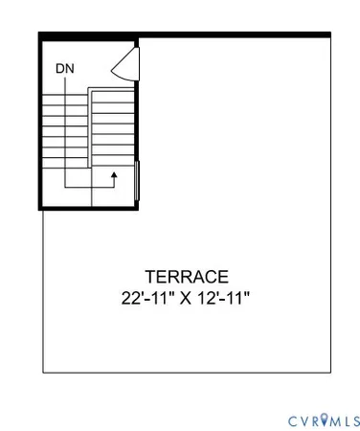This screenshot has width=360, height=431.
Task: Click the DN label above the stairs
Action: coord(65,69)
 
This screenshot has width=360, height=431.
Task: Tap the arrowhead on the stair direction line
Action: coord(114,175)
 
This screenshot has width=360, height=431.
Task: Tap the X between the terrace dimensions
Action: coord(186,298)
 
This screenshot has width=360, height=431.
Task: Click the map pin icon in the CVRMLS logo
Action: coord(324,420)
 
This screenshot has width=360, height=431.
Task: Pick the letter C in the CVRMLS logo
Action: coord(291,420)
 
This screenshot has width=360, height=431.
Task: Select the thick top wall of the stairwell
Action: coord(89,35)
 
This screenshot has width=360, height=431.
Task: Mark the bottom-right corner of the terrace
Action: coord(330,372)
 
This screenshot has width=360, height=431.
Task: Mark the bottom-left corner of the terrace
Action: coord(43,372)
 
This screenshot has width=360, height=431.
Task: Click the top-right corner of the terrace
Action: coord(330,34)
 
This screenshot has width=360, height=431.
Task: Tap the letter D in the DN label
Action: coord(60,69)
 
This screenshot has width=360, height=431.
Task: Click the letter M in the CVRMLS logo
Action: coord(334,420)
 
